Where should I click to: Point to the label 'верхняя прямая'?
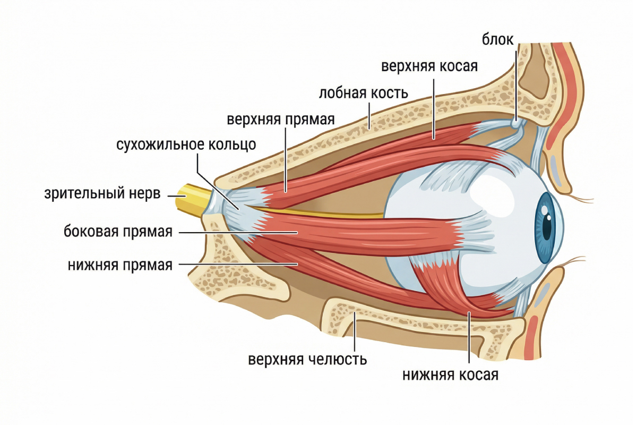(281, 119)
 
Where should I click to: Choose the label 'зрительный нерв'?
(102, 194)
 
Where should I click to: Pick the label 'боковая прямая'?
(118, 232)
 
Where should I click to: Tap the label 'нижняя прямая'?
(120, 265)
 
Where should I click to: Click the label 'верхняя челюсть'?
(307, 360)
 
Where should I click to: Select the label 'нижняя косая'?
(450, 375)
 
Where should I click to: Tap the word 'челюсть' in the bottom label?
(338, 360)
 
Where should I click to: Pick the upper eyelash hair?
(581, 199)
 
